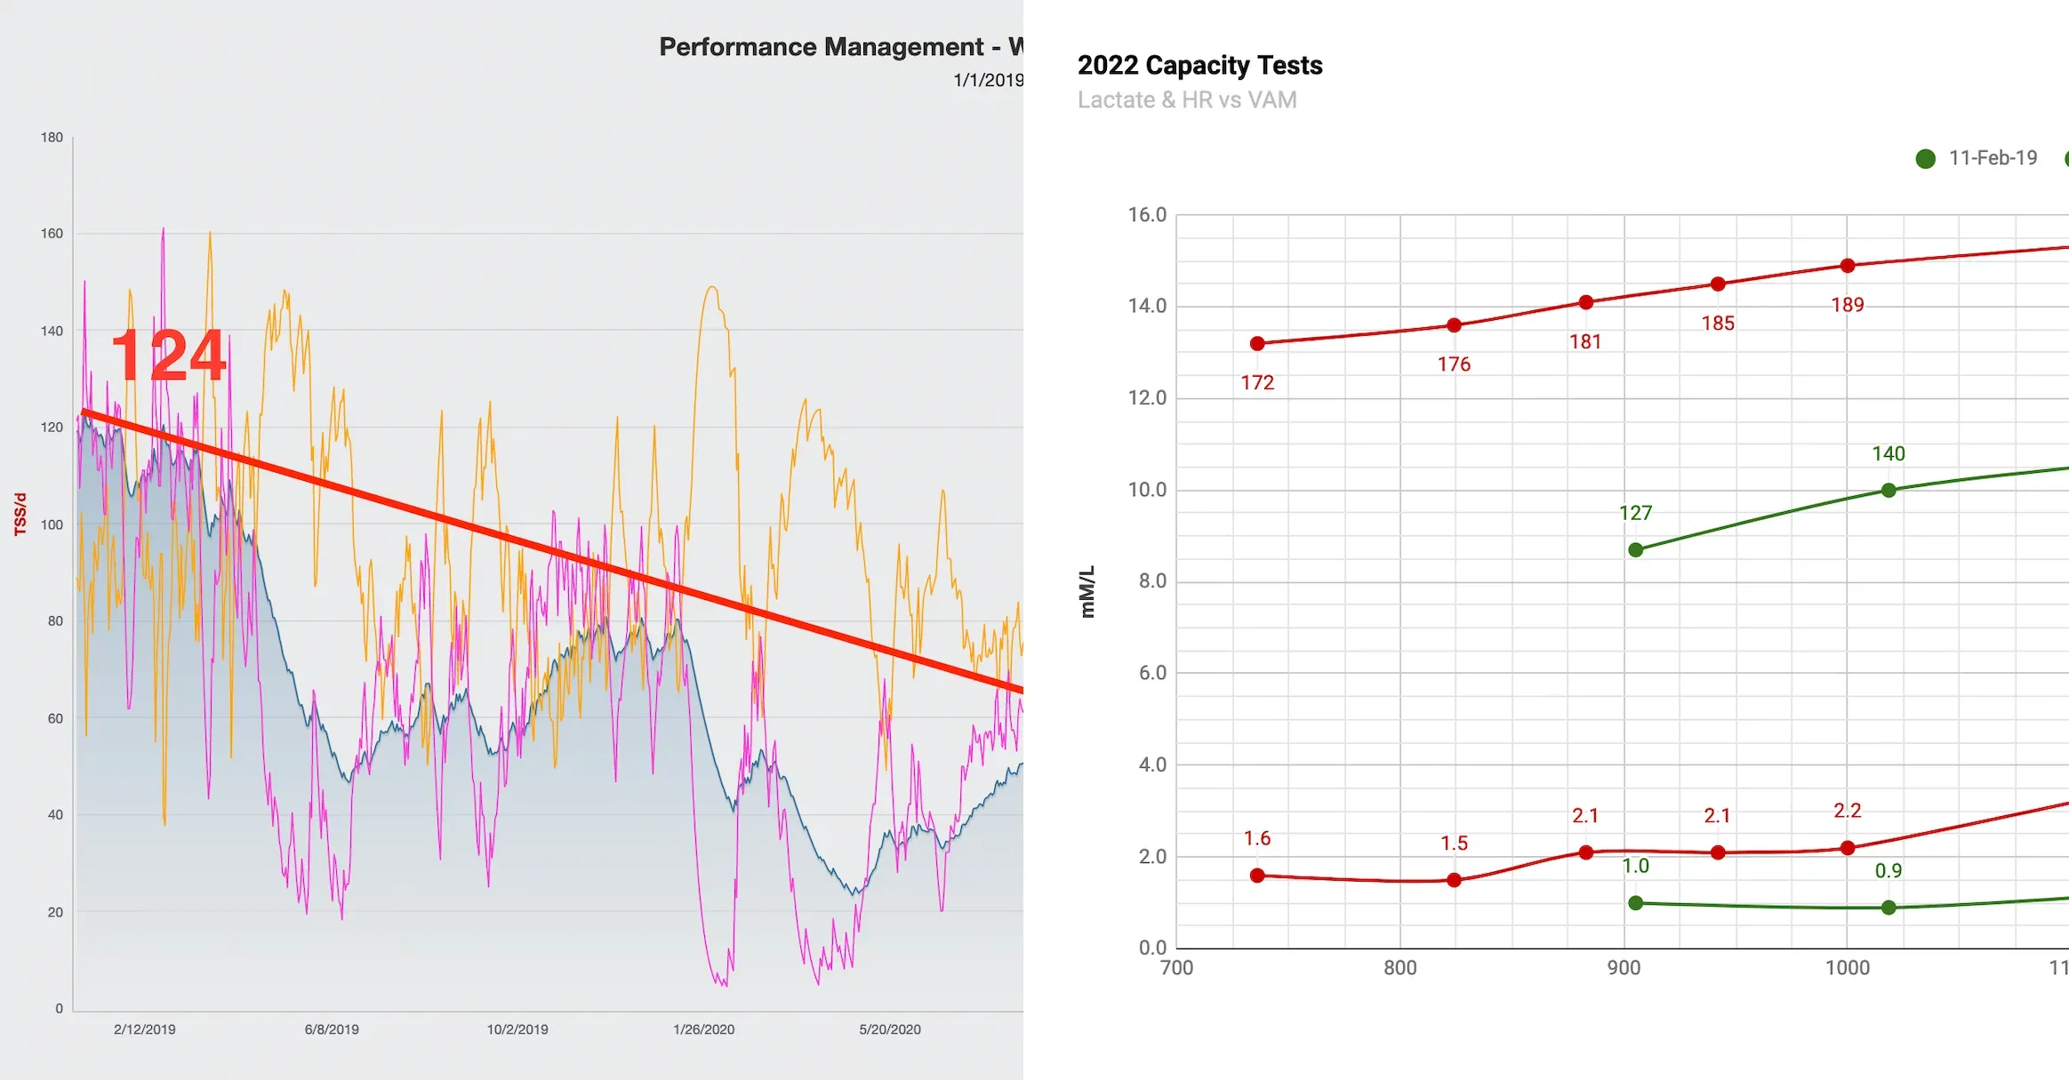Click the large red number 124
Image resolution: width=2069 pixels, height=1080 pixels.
(169, 356)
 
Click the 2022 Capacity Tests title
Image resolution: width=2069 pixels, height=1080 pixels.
(1199, 65)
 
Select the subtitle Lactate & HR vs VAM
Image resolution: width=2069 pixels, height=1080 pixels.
(1187, 100)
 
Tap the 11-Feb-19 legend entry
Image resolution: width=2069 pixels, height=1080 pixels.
(1977, 158)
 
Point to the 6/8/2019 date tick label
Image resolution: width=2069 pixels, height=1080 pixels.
(332, 1029)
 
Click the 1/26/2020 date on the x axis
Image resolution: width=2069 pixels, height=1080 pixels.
(703, 1029)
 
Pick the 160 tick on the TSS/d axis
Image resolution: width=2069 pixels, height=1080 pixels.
(52, 234)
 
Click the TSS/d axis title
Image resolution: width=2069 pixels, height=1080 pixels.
(20, 515)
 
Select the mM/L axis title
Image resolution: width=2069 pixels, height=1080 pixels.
(1087, 592)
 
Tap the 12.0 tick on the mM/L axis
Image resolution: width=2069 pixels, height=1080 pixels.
(1147, 398)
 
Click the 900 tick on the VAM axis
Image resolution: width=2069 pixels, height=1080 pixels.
(1624, 968)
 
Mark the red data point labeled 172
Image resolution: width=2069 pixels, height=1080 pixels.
(1257, 344)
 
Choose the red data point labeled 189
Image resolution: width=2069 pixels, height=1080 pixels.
(1848, 266)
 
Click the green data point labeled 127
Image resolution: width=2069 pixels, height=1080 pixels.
(1636, 550)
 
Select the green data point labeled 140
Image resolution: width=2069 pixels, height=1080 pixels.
(1889, 491)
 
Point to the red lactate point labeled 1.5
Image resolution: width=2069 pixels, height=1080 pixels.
(1454, 880)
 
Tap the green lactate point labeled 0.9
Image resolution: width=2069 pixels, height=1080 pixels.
(1889, 908)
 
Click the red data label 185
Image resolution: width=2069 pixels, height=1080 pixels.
(1718, 324)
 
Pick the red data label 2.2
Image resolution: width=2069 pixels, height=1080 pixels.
(1847, 811)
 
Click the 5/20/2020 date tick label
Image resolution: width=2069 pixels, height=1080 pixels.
(890, 1029)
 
